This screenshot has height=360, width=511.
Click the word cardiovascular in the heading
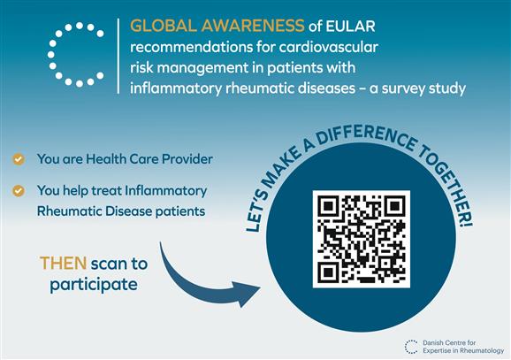tap(329, 47)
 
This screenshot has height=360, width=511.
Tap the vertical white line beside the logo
tap(118, 56)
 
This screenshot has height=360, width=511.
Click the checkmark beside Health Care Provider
tap(19, 159)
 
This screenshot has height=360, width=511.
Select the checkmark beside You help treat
tap(19, 191)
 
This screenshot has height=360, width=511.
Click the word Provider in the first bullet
tap(187, 159)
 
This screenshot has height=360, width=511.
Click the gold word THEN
tap(64, 264)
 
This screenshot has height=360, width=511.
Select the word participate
tap(94, 284)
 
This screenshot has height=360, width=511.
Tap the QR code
tap(361, 239)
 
